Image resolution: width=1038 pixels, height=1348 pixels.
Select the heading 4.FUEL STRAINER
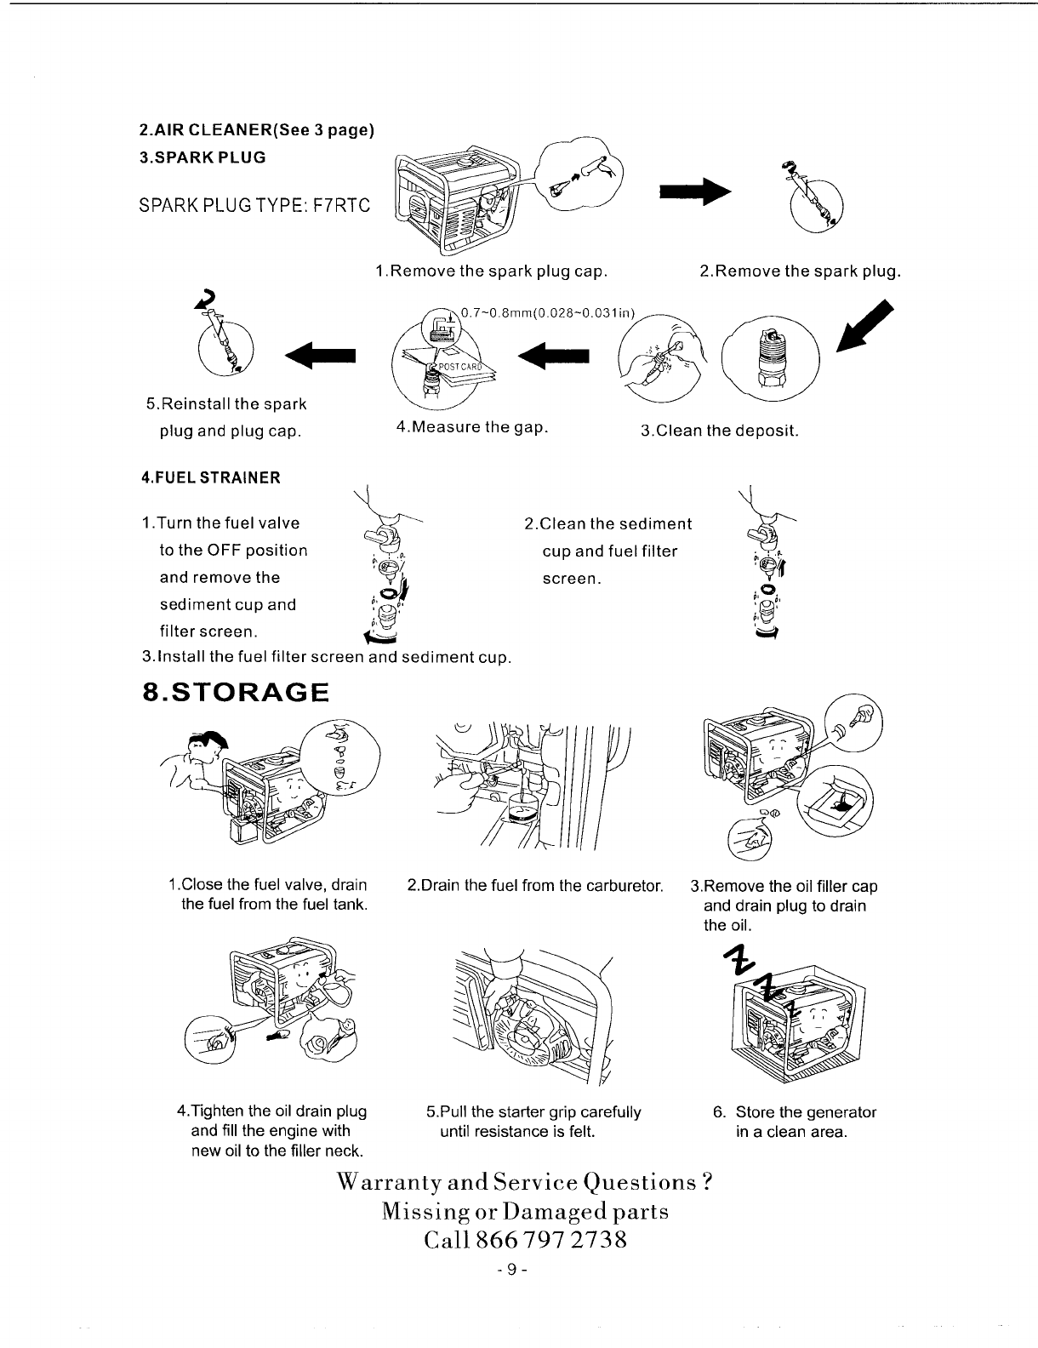click(210, 477)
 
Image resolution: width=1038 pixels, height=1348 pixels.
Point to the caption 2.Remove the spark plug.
click(799, 271)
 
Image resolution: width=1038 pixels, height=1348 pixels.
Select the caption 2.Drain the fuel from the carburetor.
click(535, 886)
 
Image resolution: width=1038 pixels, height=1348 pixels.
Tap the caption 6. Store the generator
click(795, 1112)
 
